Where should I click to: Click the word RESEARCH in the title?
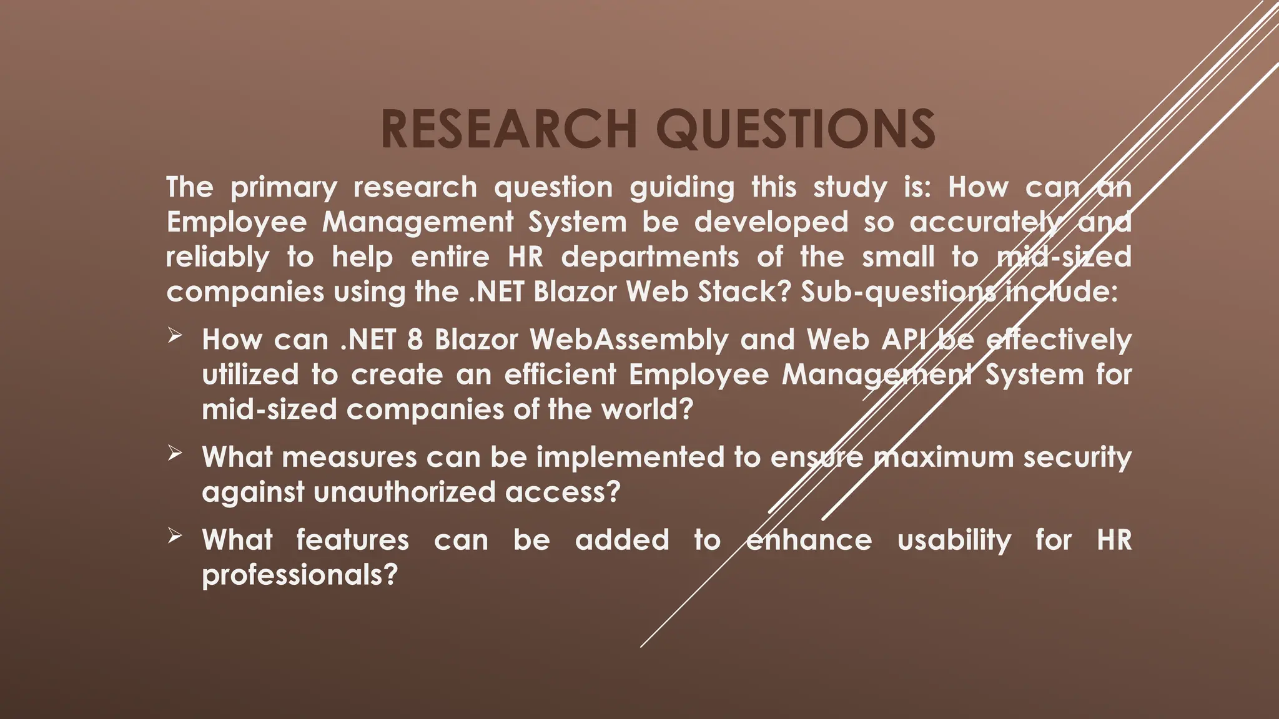click(x=509, y=129)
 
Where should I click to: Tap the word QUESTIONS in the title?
click(x=798, y=129)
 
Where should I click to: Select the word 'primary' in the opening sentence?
click(x=284, y=188)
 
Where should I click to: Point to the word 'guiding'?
click(x=682, y=188)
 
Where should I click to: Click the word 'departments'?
click(x=649, y=257)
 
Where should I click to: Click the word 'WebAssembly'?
click(x=629, y=340)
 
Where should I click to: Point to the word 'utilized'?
click(x=250, y=375)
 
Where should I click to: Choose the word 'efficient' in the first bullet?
click(x=560, y=375)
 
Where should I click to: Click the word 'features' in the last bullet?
click(x=352, y=540)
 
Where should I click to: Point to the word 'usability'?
click(x=954, y=540)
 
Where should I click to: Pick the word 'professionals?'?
click(x=300, y=575)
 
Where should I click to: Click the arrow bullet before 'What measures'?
click(x=174, y=454)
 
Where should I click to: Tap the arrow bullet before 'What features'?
click(x=174, y=536)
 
